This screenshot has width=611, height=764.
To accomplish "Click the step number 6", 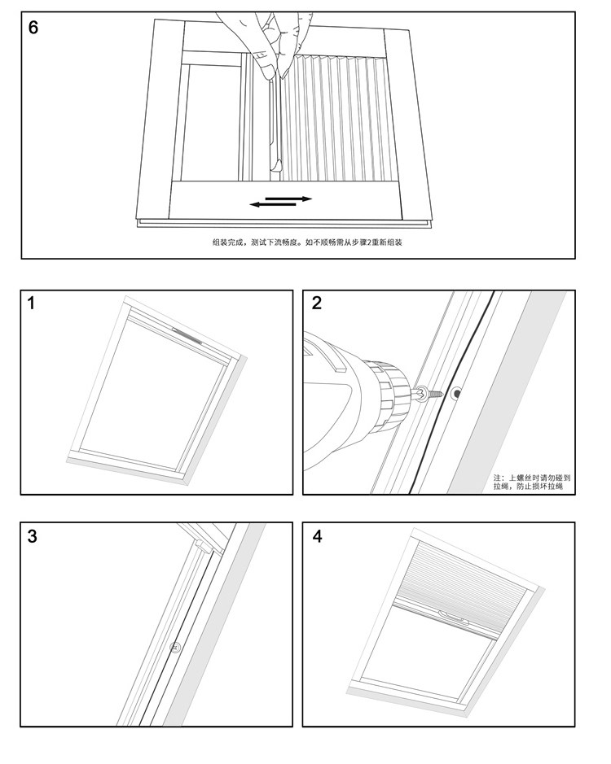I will click(33, 27).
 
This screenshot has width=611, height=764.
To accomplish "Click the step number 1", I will click(32, 304).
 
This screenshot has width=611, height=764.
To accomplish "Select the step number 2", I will click(317, 304).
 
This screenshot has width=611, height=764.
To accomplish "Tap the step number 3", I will click(32, 536).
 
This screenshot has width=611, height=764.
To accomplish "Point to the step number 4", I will click(317, 536).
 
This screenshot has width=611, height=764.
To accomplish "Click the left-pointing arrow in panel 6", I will click(272, 204).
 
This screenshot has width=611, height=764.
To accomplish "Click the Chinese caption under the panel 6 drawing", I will click(308, 242).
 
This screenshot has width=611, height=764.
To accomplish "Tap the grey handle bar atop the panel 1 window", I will click(187, 334).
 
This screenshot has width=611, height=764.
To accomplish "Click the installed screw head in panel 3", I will click(175, 648).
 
